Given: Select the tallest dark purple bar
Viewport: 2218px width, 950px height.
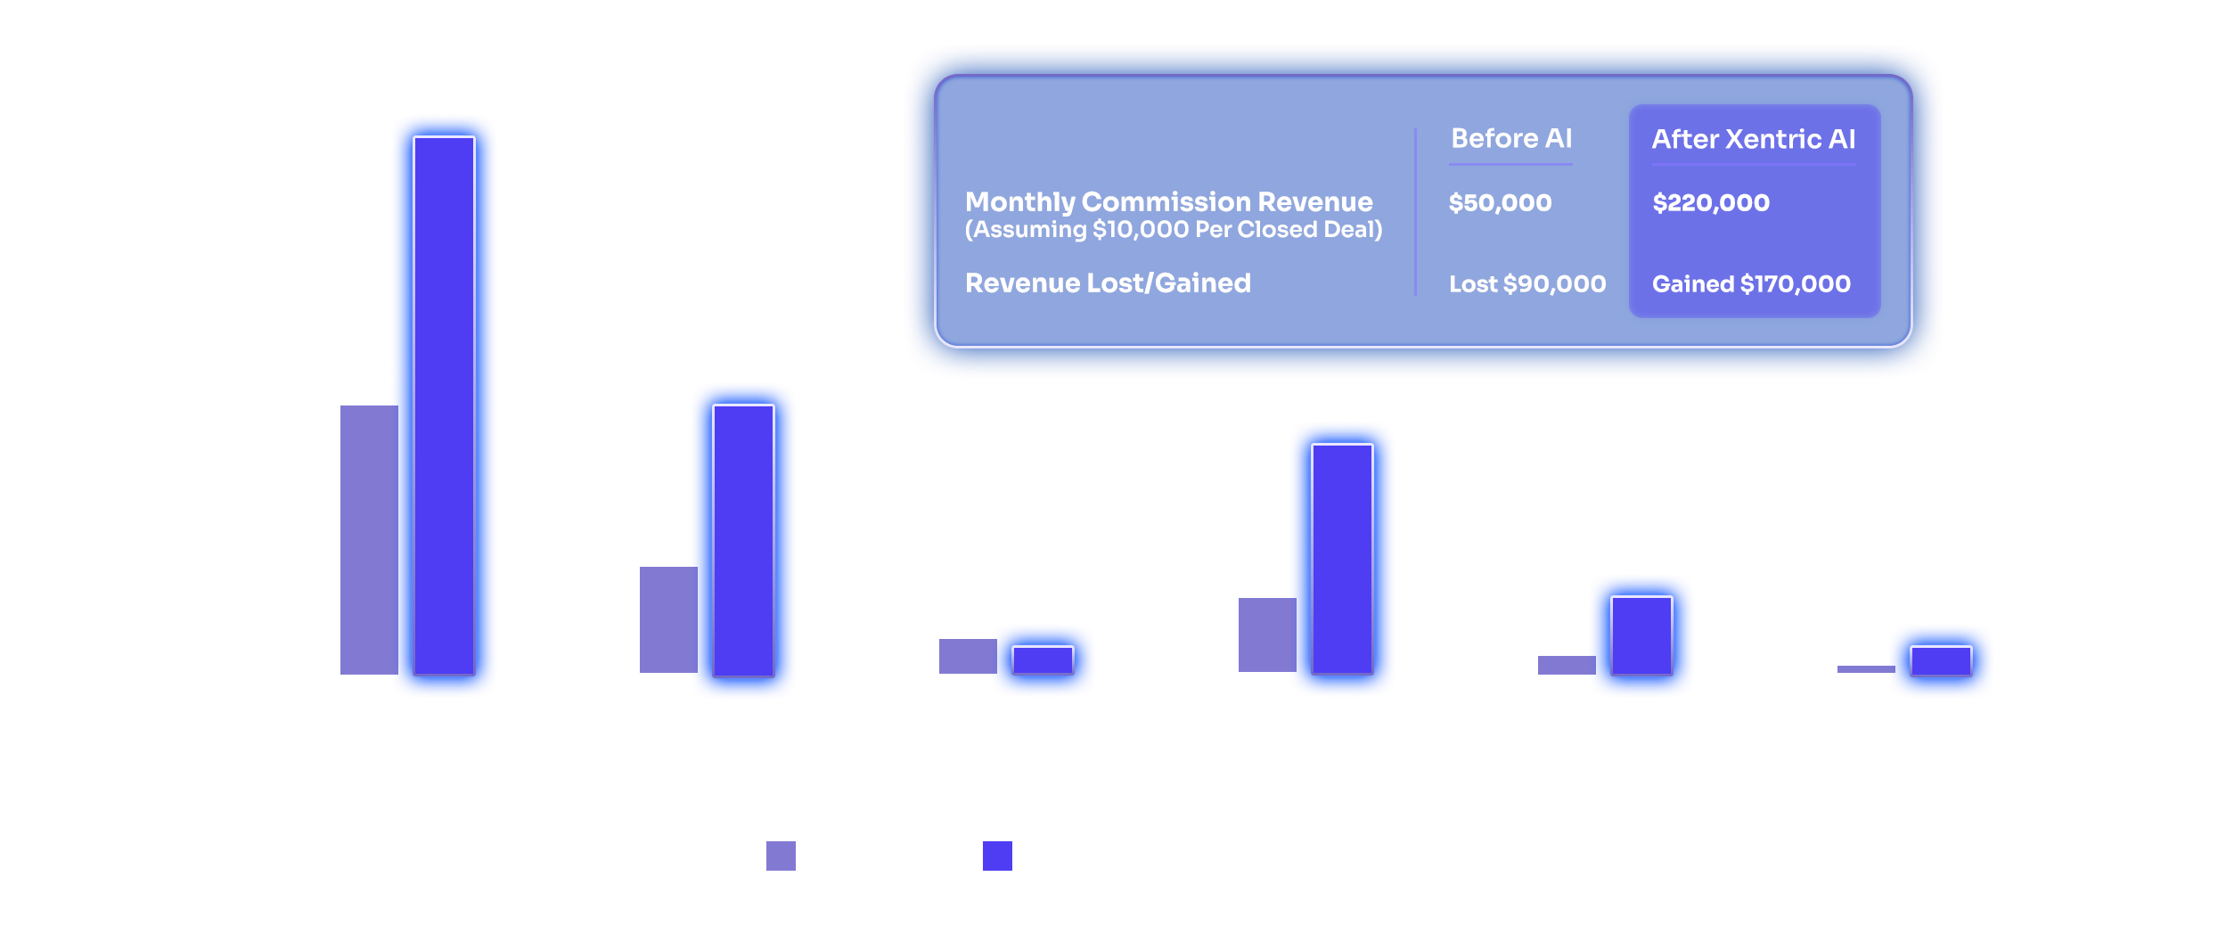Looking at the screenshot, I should coord(444,405).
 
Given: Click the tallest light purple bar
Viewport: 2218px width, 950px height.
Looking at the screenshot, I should coord(368,539).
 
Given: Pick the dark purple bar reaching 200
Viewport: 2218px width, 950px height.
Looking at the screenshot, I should coord(743,539).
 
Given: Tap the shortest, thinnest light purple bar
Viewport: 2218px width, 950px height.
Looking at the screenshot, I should coord(1865,668).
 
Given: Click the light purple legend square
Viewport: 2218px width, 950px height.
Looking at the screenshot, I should coord(781,856).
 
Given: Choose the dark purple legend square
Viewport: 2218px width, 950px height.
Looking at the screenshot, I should coord(997,856).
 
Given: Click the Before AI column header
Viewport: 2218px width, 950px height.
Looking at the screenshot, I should coord(1511,139).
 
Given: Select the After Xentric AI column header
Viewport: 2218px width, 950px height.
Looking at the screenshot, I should coord(1753,139).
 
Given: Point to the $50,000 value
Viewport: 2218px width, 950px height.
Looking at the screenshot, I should coord(1500,203).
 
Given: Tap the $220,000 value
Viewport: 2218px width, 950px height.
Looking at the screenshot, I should coord(1711,203).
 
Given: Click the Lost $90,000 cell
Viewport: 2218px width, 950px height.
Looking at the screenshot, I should coord(1527,284).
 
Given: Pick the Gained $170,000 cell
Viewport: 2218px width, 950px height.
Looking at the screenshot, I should coord(1751,284).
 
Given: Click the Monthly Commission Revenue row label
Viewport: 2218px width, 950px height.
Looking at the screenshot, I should coord(1168,201).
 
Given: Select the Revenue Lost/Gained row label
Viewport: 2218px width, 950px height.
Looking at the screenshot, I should coord(1108,283).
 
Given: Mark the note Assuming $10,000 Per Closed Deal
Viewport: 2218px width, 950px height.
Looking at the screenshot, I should coord(1174,230).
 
